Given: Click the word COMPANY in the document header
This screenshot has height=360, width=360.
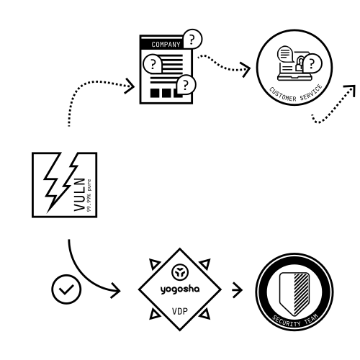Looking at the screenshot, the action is [166, 45].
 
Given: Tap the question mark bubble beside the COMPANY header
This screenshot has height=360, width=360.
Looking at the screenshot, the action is [192, 39].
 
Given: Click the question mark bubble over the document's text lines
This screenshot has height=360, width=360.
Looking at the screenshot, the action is [153, 64].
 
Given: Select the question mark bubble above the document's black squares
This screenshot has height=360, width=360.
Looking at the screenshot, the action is [186, 84].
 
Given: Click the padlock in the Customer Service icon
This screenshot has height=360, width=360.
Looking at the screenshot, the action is [300, 63].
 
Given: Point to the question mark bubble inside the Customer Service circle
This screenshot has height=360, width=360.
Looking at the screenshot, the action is [312, 63].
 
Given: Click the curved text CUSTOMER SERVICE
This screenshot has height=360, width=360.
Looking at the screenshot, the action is [296, 94].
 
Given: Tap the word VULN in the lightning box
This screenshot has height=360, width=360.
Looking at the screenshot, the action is [79, 194].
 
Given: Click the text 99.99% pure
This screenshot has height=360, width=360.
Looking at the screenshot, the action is [89, 195].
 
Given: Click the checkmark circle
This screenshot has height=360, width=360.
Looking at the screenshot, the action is [66, 289].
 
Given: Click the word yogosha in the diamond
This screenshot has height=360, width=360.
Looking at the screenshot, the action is [180, 289].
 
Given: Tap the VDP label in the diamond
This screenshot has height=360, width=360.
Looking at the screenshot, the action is [180, 311].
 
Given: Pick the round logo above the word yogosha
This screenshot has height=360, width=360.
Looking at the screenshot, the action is [180, 272].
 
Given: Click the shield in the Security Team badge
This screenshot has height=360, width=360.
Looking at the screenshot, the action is [294, 294].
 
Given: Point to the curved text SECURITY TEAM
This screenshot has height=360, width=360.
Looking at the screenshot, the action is [295, 320].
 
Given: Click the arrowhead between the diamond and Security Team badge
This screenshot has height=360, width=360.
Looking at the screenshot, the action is [238, 290].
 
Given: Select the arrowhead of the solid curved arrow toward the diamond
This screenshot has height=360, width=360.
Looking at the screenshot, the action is [116, 291].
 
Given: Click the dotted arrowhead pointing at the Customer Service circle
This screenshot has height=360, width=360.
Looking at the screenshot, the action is [246, 70].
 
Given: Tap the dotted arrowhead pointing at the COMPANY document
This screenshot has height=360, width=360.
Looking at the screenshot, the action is [130, 86].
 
